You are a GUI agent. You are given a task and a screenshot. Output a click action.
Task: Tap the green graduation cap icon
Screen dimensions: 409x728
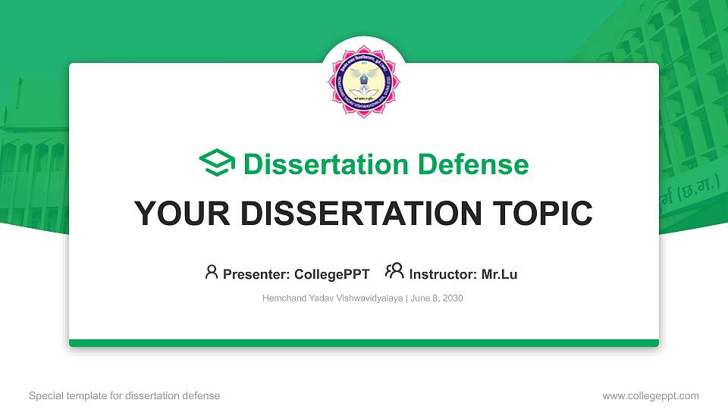[217, 164]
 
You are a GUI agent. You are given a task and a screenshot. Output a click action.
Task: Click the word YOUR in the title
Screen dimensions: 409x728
[179, 214]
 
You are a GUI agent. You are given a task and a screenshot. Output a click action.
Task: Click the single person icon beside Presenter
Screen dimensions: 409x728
[212, 272]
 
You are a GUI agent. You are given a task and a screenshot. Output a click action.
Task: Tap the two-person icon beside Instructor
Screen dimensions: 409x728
[394, 271]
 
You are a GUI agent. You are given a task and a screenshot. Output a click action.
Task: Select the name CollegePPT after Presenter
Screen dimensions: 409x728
[332, 274]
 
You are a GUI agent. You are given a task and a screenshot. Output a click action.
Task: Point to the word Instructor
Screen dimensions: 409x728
[443, 274]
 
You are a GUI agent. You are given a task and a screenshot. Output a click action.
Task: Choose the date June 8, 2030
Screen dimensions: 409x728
[438, 298]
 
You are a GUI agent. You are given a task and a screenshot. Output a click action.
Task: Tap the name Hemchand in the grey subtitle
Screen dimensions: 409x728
[284, 298]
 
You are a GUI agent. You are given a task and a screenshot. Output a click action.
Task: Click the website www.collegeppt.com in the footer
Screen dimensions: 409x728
[651, 395]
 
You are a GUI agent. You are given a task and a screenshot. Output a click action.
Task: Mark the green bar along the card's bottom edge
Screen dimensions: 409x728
[364, 343]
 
